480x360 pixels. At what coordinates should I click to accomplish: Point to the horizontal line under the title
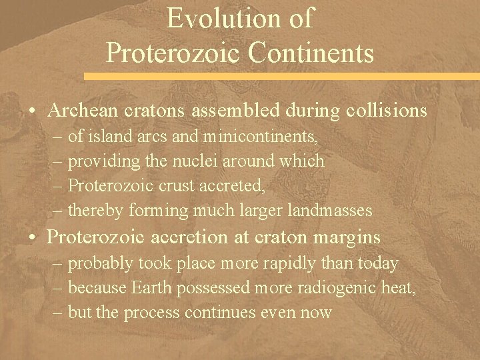[240, 67]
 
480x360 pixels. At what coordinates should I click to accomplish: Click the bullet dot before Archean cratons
[33, 111]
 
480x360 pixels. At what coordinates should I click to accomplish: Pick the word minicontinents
[262, 137]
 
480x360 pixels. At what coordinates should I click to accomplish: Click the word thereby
[95, 211]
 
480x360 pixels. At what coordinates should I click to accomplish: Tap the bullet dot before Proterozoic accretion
[33, 237]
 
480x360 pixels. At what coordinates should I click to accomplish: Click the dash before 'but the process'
[58, 313]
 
